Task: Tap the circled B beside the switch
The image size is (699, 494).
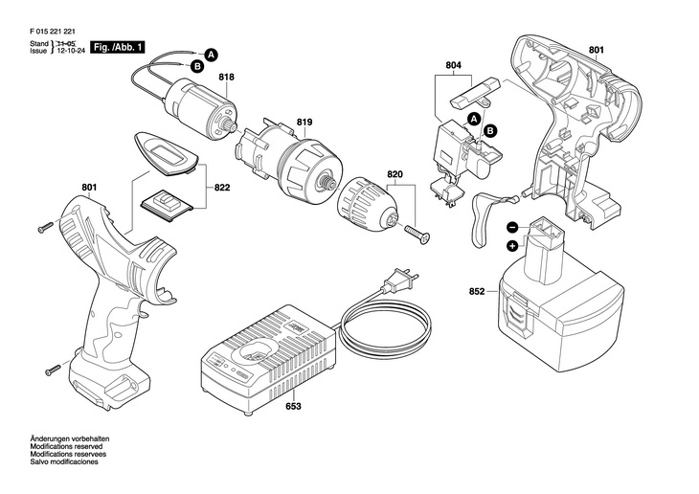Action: (x=490, y=129)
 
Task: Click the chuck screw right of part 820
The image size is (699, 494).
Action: (x=417, y=231)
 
